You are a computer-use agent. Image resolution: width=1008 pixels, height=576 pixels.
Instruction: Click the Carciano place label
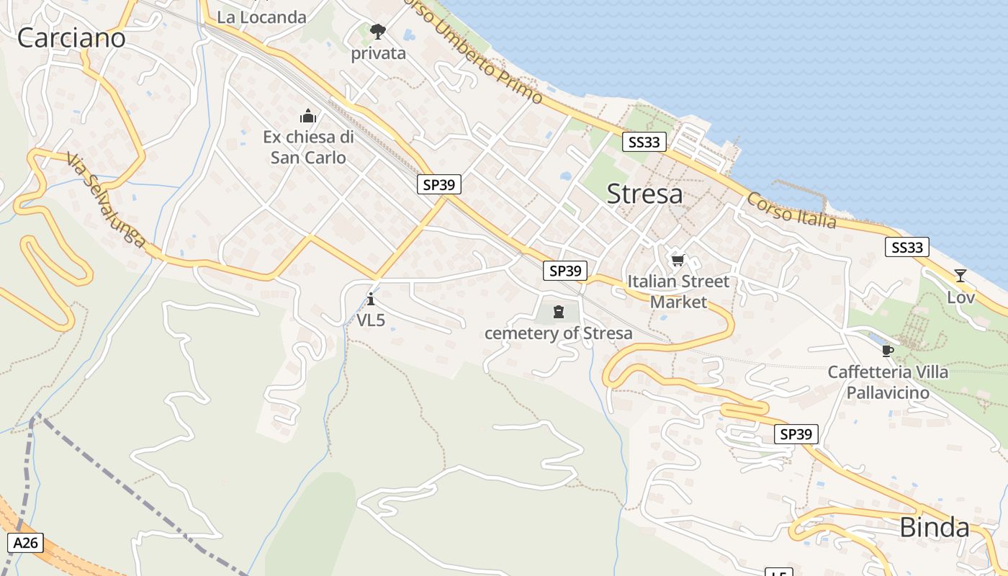(71, 38)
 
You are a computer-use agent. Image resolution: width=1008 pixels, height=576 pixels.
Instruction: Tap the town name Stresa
(644, 194)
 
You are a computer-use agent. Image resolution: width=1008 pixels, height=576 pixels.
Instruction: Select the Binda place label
(934, 528)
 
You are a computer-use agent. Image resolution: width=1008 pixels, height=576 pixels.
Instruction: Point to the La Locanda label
(261, 17)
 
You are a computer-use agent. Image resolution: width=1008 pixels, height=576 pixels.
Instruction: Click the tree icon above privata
(377, 32)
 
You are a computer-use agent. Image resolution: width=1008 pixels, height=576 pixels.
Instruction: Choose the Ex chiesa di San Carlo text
(308, 147)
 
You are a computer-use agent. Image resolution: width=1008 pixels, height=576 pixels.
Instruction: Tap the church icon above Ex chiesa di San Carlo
(308, 116)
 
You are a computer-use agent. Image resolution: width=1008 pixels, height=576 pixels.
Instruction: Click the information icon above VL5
(371, 299)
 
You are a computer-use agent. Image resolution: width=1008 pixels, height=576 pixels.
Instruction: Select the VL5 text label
(371, 320)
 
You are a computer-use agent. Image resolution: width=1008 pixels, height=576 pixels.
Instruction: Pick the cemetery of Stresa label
(558, 333)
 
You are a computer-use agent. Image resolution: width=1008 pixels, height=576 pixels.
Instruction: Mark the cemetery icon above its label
(558, 312)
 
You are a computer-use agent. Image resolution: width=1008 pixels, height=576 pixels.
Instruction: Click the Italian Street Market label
(678, 291)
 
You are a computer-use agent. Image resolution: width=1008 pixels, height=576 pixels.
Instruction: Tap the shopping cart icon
(678, 260)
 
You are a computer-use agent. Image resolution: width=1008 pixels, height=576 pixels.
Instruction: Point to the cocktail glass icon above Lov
(960, 276)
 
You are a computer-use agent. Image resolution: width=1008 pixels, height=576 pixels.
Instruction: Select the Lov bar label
(960, 297)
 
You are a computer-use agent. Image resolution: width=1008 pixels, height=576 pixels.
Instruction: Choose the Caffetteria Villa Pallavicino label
(888, 382)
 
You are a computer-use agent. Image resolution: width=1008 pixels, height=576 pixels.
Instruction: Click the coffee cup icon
(887, 351)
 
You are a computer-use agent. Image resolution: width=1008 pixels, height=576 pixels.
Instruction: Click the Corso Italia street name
(792, 210)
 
